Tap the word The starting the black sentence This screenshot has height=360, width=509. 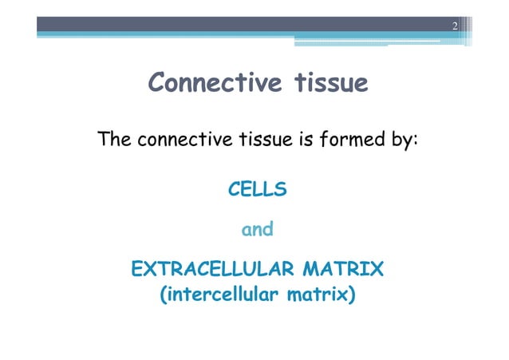(115, 140)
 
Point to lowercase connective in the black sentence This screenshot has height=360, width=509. (184, 140)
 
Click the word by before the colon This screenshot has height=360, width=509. (401, 141)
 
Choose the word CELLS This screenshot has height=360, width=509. (258, 190)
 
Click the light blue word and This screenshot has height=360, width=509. (258, 230)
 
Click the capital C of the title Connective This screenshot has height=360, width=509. (158, 83)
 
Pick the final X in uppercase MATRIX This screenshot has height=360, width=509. (377, 270)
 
